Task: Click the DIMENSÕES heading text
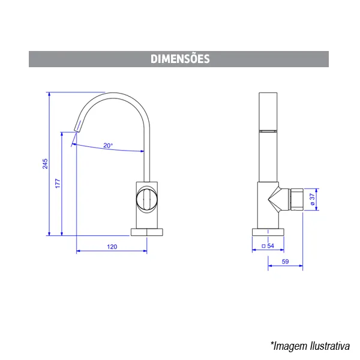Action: click(180, 59)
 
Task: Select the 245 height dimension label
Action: click(45, 164)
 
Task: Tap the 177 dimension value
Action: click(58, 184)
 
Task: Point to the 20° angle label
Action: click(108, 146)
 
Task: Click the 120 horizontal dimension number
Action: click(112, 247)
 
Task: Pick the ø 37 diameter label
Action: click(312, 199)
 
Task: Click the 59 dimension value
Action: click(285, 262)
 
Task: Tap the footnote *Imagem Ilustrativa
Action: click(310, 346)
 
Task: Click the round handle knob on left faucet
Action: click(147, 199)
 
